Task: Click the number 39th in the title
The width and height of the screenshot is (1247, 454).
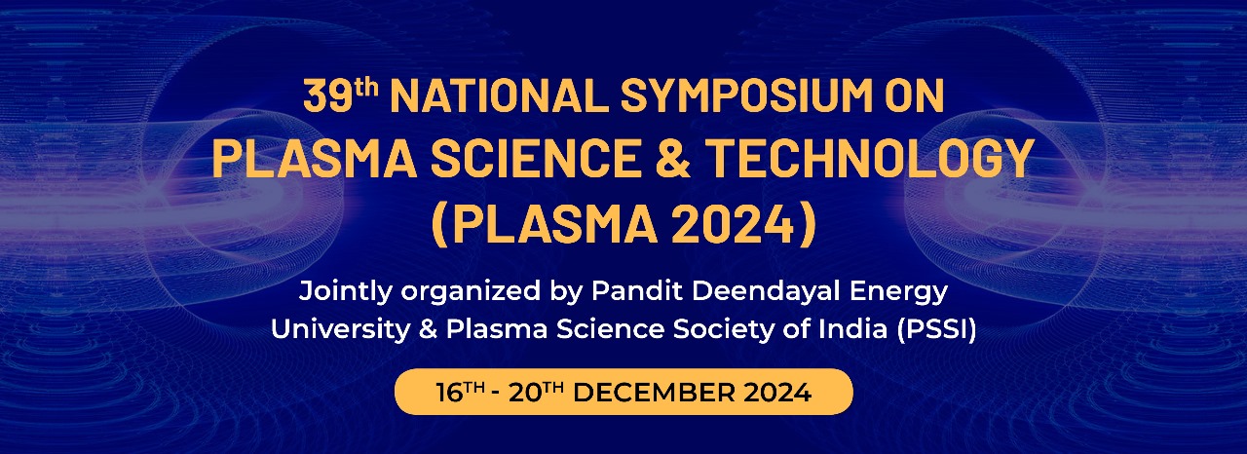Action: pos(341,95)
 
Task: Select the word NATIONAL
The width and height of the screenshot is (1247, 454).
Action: pos(500,95)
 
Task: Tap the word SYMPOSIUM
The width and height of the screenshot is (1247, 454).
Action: pos(746,95)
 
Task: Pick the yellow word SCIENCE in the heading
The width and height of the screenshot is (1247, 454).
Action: pos(535,159)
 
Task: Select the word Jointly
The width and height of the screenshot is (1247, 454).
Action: pos(345,292)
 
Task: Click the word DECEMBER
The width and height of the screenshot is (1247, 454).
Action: pos(654,393)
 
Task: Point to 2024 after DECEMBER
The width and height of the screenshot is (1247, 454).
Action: pos(777,393)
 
